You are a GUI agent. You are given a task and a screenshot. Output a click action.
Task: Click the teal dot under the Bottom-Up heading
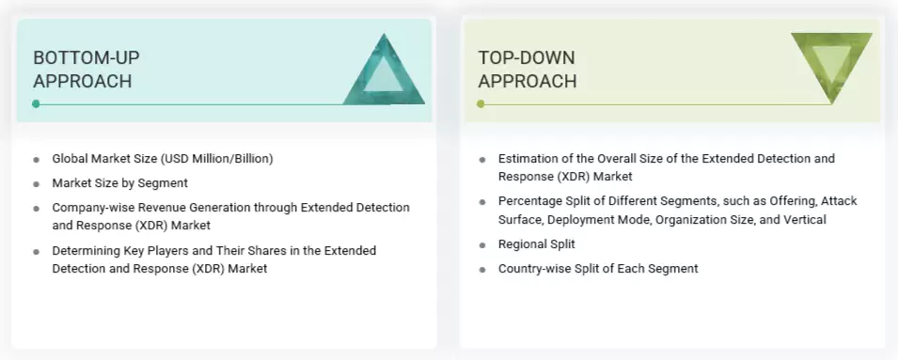tap(36, 103)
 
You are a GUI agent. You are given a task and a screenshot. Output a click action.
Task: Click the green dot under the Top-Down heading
tap(481, 103)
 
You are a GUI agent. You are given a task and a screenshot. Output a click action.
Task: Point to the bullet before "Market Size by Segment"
tap(36, 183)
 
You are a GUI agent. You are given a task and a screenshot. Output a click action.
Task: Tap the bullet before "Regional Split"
tap(482, 244)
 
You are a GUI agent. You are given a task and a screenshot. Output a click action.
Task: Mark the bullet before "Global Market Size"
tap(36, 159)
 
